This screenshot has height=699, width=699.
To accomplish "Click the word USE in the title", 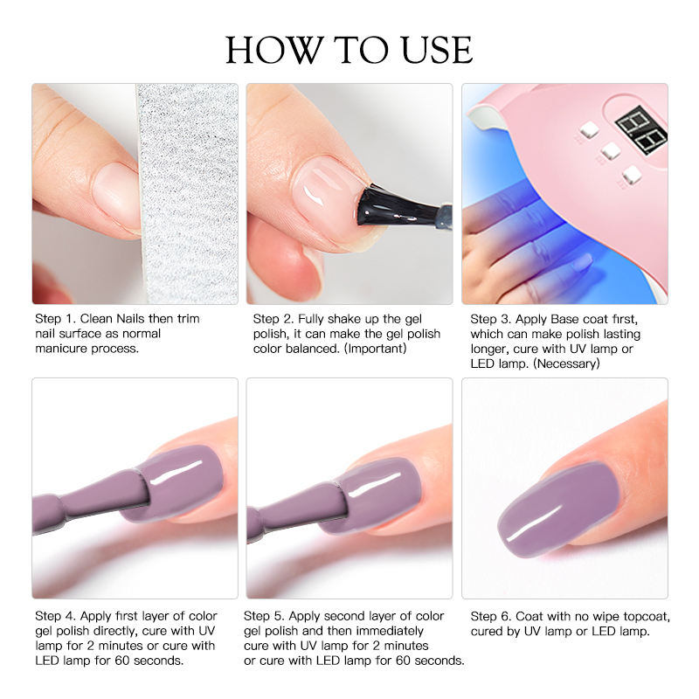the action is [x=436, y=50].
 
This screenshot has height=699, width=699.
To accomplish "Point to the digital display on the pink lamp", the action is [x=641, y=130].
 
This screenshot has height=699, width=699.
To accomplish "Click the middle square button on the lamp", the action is [x=610, y=151].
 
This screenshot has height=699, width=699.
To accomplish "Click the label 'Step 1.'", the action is [x=55, y=319].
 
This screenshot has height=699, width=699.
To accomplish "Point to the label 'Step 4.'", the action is [x=55, y=616].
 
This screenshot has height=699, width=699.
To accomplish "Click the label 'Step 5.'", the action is [x=264, y=616].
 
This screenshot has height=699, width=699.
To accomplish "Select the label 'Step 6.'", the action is [x=491, y=617].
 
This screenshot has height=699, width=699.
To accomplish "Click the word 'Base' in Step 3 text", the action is [x=564, y=319].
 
